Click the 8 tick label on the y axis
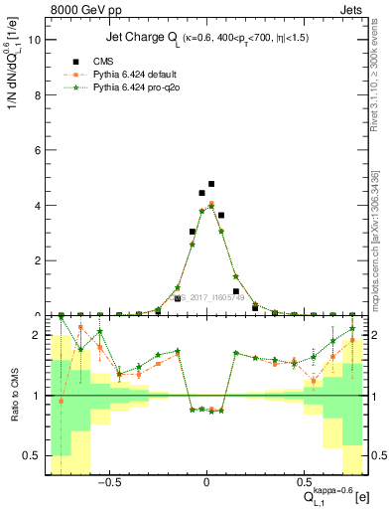(x=37, y=95)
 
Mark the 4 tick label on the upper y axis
(x=37, y=206)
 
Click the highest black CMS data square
(x=211, y=184)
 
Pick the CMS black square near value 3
(x=193, y=231)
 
